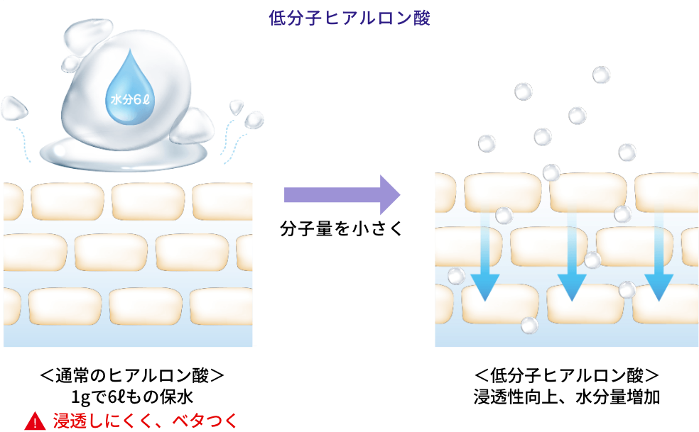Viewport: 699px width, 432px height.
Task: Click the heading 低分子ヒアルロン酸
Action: (349, 18)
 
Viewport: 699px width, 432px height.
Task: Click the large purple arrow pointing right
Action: (342, 194)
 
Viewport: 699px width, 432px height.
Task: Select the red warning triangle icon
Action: (35, 421)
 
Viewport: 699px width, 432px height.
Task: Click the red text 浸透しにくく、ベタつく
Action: (144, 421)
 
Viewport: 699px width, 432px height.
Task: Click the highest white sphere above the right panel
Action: (601, 74)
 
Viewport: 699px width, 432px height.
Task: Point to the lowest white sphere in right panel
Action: (529, 325)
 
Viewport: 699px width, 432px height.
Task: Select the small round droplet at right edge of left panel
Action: (254, 119)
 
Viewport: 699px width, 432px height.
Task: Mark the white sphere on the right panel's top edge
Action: (551, 172)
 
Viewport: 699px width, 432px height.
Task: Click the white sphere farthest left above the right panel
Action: (487, 143)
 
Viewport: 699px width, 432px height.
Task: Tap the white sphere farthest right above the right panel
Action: (627, 152)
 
